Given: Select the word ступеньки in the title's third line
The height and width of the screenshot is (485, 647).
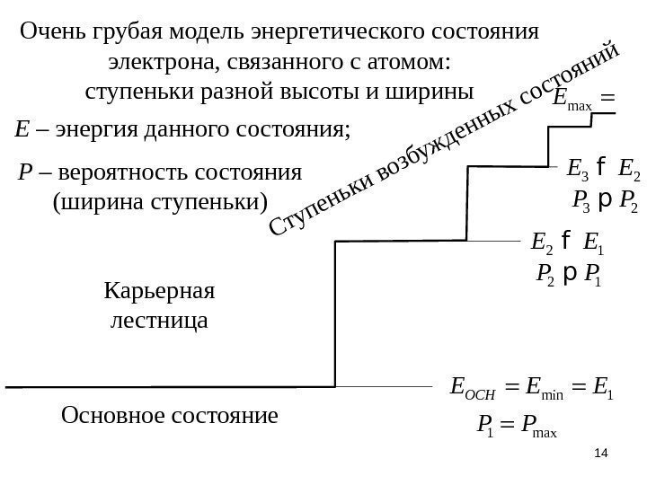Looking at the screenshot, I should click(127, 93).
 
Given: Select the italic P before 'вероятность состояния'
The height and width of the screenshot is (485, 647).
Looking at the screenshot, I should click(24, 172).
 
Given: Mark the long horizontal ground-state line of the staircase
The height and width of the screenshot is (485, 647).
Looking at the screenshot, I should click(171, 387).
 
